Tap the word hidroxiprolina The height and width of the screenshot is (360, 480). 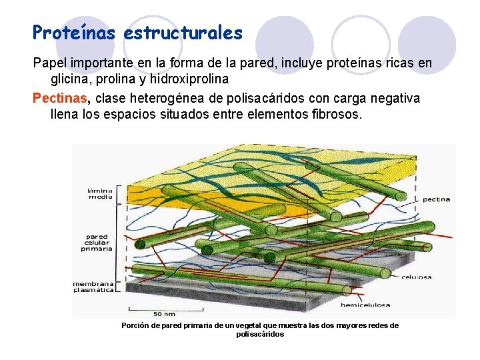189,79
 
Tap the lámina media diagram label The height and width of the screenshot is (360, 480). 101,193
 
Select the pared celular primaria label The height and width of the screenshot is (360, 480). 99,243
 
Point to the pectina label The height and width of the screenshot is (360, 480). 437,199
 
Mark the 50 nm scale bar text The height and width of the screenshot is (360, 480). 165,313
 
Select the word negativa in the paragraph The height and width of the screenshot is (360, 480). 396,99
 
